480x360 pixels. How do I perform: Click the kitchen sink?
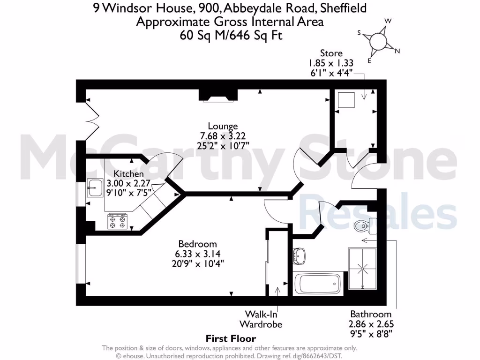click(94, 188)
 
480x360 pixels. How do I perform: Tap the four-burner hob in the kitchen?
click(117, 221)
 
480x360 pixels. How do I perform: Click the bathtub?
click(317, 284)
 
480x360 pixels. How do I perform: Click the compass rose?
click(380, 42)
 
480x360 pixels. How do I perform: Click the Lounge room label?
click(223, 126)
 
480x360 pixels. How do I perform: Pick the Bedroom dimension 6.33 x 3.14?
click(197, 254)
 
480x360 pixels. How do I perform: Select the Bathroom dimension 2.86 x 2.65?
click(371, 324)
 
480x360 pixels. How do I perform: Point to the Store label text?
click(331, 53)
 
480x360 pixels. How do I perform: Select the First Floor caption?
click(231, 338)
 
